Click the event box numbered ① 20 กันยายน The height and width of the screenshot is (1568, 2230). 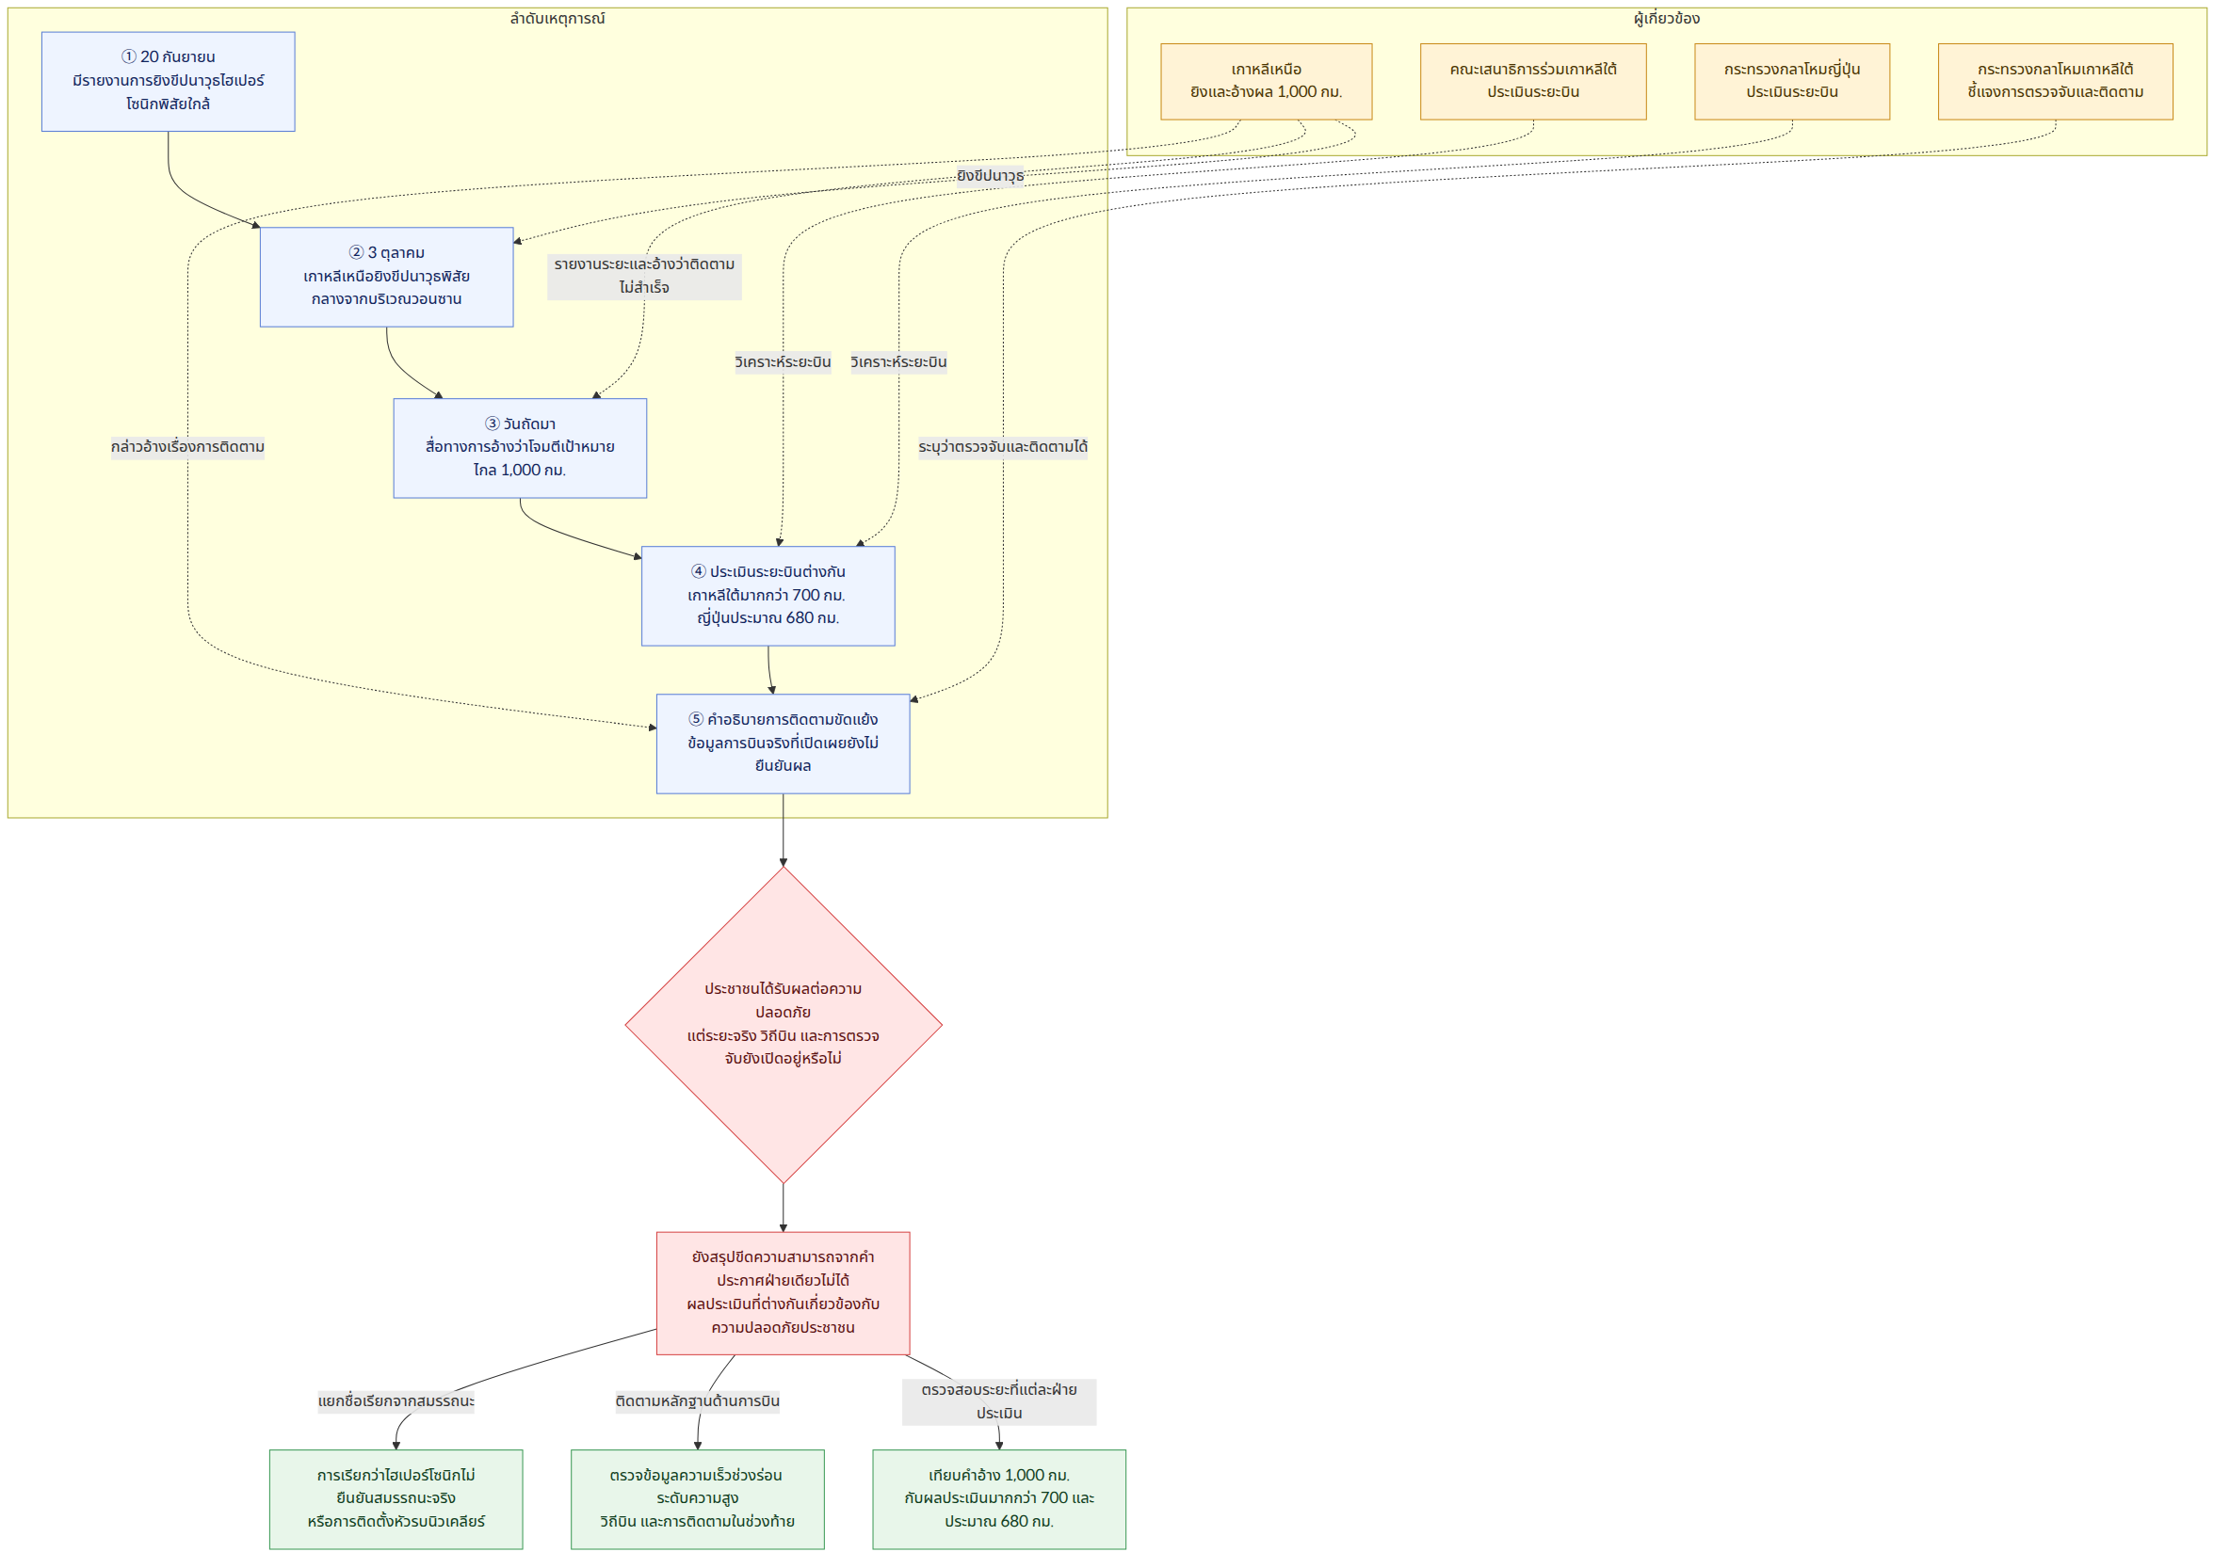pos(168,82)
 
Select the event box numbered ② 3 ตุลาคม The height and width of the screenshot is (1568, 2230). pos(386,277)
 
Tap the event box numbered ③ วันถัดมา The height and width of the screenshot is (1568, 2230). pos(520,448)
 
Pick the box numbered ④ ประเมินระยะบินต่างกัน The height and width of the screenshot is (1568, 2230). pos(768,595)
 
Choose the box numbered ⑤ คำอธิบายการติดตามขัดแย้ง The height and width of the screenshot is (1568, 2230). pos(783,744)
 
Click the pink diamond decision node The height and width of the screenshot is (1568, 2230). pos(784,1024)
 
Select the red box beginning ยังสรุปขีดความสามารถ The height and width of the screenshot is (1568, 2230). pos(783,1293)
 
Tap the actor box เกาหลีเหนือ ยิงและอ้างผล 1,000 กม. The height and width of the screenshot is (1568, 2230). pos(1267,82)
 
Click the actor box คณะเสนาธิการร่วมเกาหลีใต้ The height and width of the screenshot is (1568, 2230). pos(1534,82)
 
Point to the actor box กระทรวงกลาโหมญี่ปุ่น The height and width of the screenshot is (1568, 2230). pos(1792,82)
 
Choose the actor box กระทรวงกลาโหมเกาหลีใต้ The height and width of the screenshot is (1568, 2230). pos(2055,82)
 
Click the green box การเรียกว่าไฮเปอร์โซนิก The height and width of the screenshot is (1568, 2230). pos(396,1499)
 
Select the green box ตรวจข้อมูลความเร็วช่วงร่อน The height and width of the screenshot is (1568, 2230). pos(698,1499)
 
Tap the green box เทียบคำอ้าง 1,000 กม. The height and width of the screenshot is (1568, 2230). pos(999,1499)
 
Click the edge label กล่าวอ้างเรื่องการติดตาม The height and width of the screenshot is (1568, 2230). pos(187,448)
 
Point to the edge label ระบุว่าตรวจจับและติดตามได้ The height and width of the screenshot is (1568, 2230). pos(1003,448)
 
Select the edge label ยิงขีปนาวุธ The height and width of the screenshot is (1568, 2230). pos(991,176)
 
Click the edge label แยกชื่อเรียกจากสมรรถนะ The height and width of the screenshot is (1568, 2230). pos(396,1401)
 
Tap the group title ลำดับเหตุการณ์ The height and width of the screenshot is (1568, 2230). pos(557,19)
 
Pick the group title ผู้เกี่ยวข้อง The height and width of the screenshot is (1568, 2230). pos(1667,19)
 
